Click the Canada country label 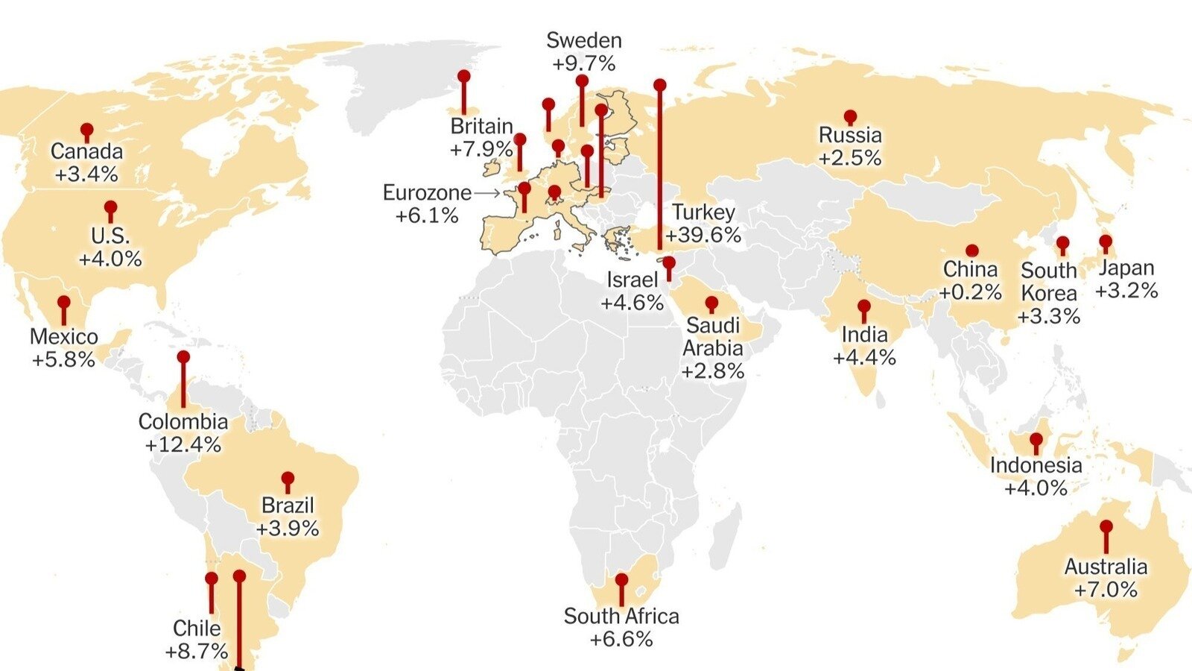tap(86, 151)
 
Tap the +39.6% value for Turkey tap(703, 235)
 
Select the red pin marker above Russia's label tap(850, 117)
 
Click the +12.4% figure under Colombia tap(183, 444)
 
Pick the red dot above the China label tap(971, 251)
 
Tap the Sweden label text tap(583, 40)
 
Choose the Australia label tap(1106, 567)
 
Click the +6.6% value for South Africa tap(621, 639)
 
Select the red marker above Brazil tap(288, 478)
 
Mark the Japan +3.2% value tap(1126, 290)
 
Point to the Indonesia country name tap(1036, 465)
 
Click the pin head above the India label tap(864, 306)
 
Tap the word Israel tap(633, 280)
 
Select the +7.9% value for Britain tap(481, 149)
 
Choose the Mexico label tap(64, 336)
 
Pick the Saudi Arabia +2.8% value tap(713, 371)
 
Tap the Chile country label tap(197, 628)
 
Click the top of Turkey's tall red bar tap(659, 85)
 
